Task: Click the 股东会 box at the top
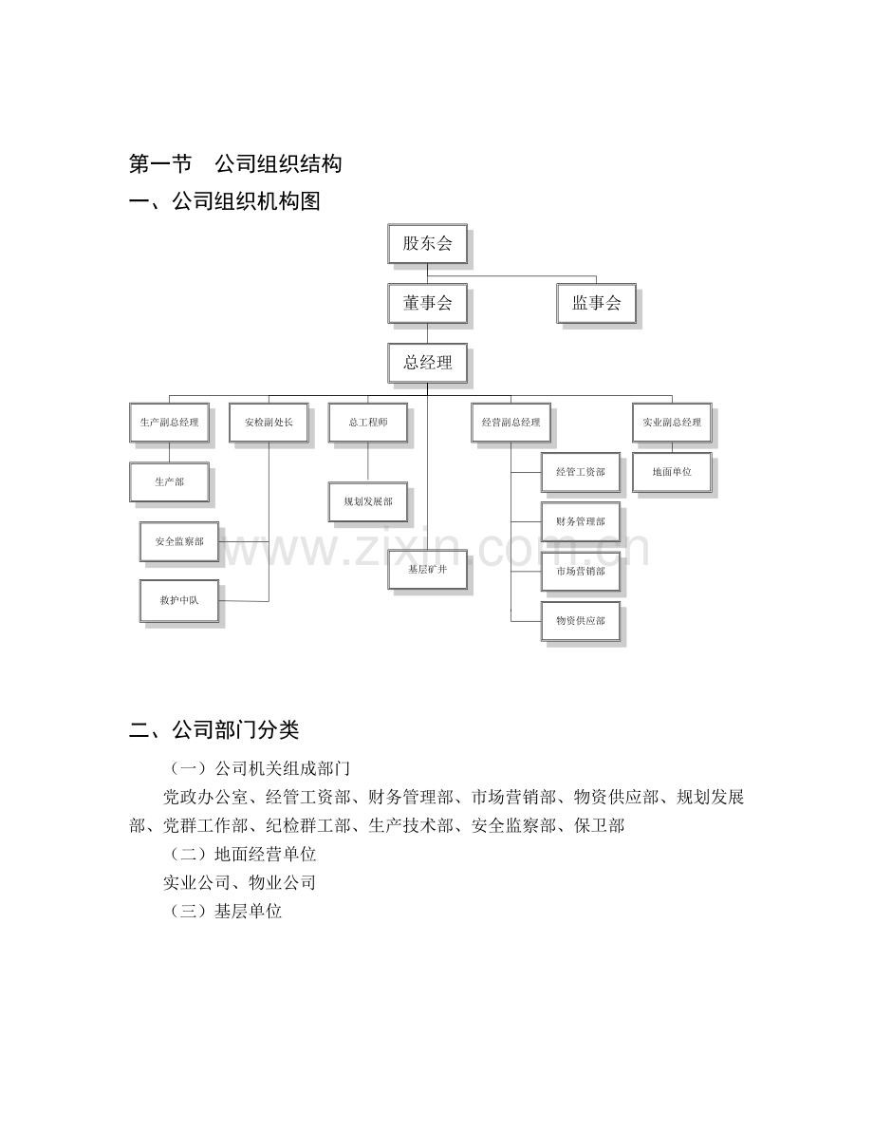pos(428,244)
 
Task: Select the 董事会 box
pos(428,304)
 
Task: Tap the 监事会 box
pos(596,304)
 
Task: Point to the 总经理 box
pos(428,363)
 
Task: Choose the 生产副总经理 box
pos(170,423)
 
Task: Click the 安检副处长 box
pos(269,423)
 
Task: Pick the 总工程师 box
pos(368,423)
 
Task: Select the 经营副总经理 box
pos(511,423)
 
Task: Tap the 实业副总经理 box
pos(672,423)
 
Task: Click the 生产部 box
pos(170,481)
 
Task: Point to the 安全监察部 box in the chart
pos(179,541)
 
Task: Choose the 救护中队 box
pos(179,601)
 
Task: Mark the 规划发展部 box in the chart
pos(368,502)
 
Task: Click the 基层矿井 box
pos(428,570)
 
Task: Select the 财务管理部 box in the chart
pos(581,521)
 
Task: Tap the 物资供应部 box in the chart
pos(581,621)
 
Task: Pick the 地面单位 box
pos(672,473)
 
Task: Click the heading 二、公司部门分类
pos(214,730)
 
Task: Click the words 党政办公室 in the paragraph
pos(206,798)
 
